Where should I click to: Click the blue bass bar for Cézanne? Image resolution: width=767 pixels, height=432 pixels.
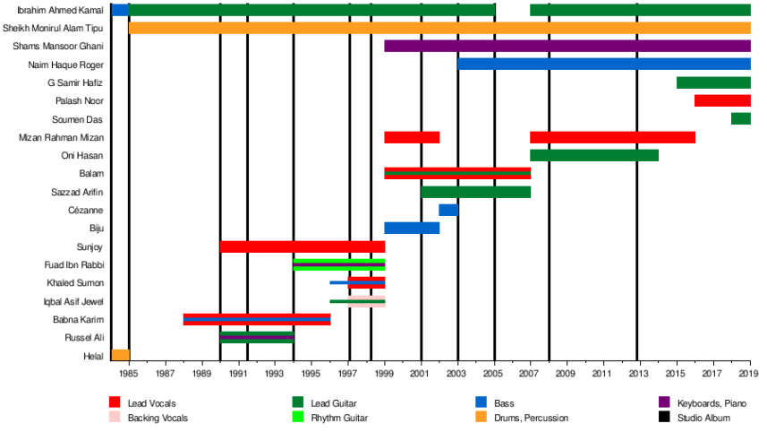coord(448,210)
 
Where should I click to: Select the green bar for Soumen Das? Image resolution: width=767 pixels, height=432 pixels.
coord(740,118)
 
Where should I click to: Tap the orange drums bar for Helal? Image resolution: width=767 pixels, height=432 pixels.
coord(120,356)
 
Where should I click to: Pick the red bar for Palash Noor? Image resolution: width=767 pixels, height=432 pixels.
coord(722,100)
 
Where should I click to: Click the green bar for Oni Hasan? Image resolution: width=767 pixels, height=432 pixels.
coord(594,155)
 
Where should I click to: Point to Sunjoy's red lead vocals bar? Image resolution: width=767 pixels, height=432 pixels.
coord(303,246)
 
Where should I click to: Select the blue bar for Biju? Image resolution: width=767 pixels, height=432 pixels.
coord(412,228)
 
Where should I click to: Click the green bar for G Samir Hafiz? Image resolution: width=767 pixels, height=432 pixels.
coord(713,82)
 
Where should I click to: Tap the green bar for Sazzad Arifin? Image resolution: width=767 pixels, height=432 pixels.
coord(476,192)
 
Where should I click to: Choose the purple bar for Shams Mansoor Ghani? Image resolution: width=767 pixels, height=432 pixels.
coord(567,46)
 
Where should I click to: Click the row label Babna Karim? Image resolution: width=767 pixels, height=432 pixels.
coord(79,319)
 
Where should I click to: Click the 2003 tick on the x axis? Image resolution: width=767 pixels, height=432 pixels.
coord(458,371)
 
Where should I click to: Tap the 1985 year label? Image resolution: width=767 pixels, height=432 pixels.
coord(129,371)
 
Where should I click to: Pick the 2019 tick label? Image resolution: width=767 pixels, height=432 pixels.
coord(750,371)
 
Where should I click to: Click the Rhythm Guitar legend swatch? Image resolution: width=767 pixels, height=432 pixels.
coord(298,417)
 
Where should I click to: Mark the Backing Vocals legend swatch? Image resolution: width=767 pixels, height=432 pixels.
coord(115,417)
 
